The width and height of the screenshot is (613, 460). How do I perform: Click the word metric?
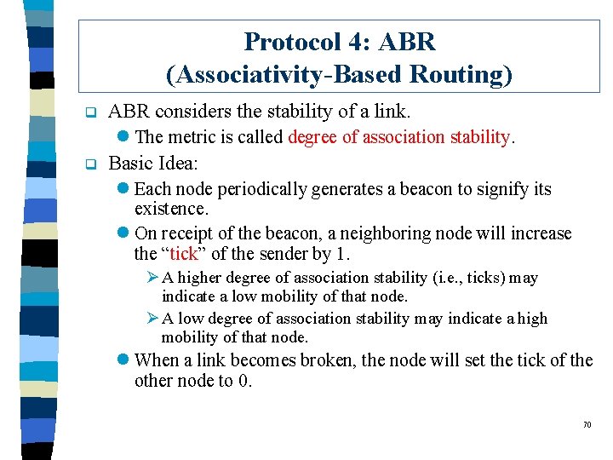[195, 137]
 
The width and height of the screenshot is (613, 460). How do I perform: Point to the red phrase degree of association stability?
[398, 137]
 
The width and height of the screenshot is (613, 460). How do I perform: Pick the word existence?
[171, 208]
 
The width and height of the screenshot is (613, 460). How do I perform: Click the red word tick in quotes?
[183, 254]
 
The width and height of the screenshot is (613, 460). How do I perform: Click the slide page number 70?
[587, 424]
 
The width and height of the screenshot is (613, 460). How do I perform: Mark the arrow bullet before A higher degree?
[153, 278]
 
